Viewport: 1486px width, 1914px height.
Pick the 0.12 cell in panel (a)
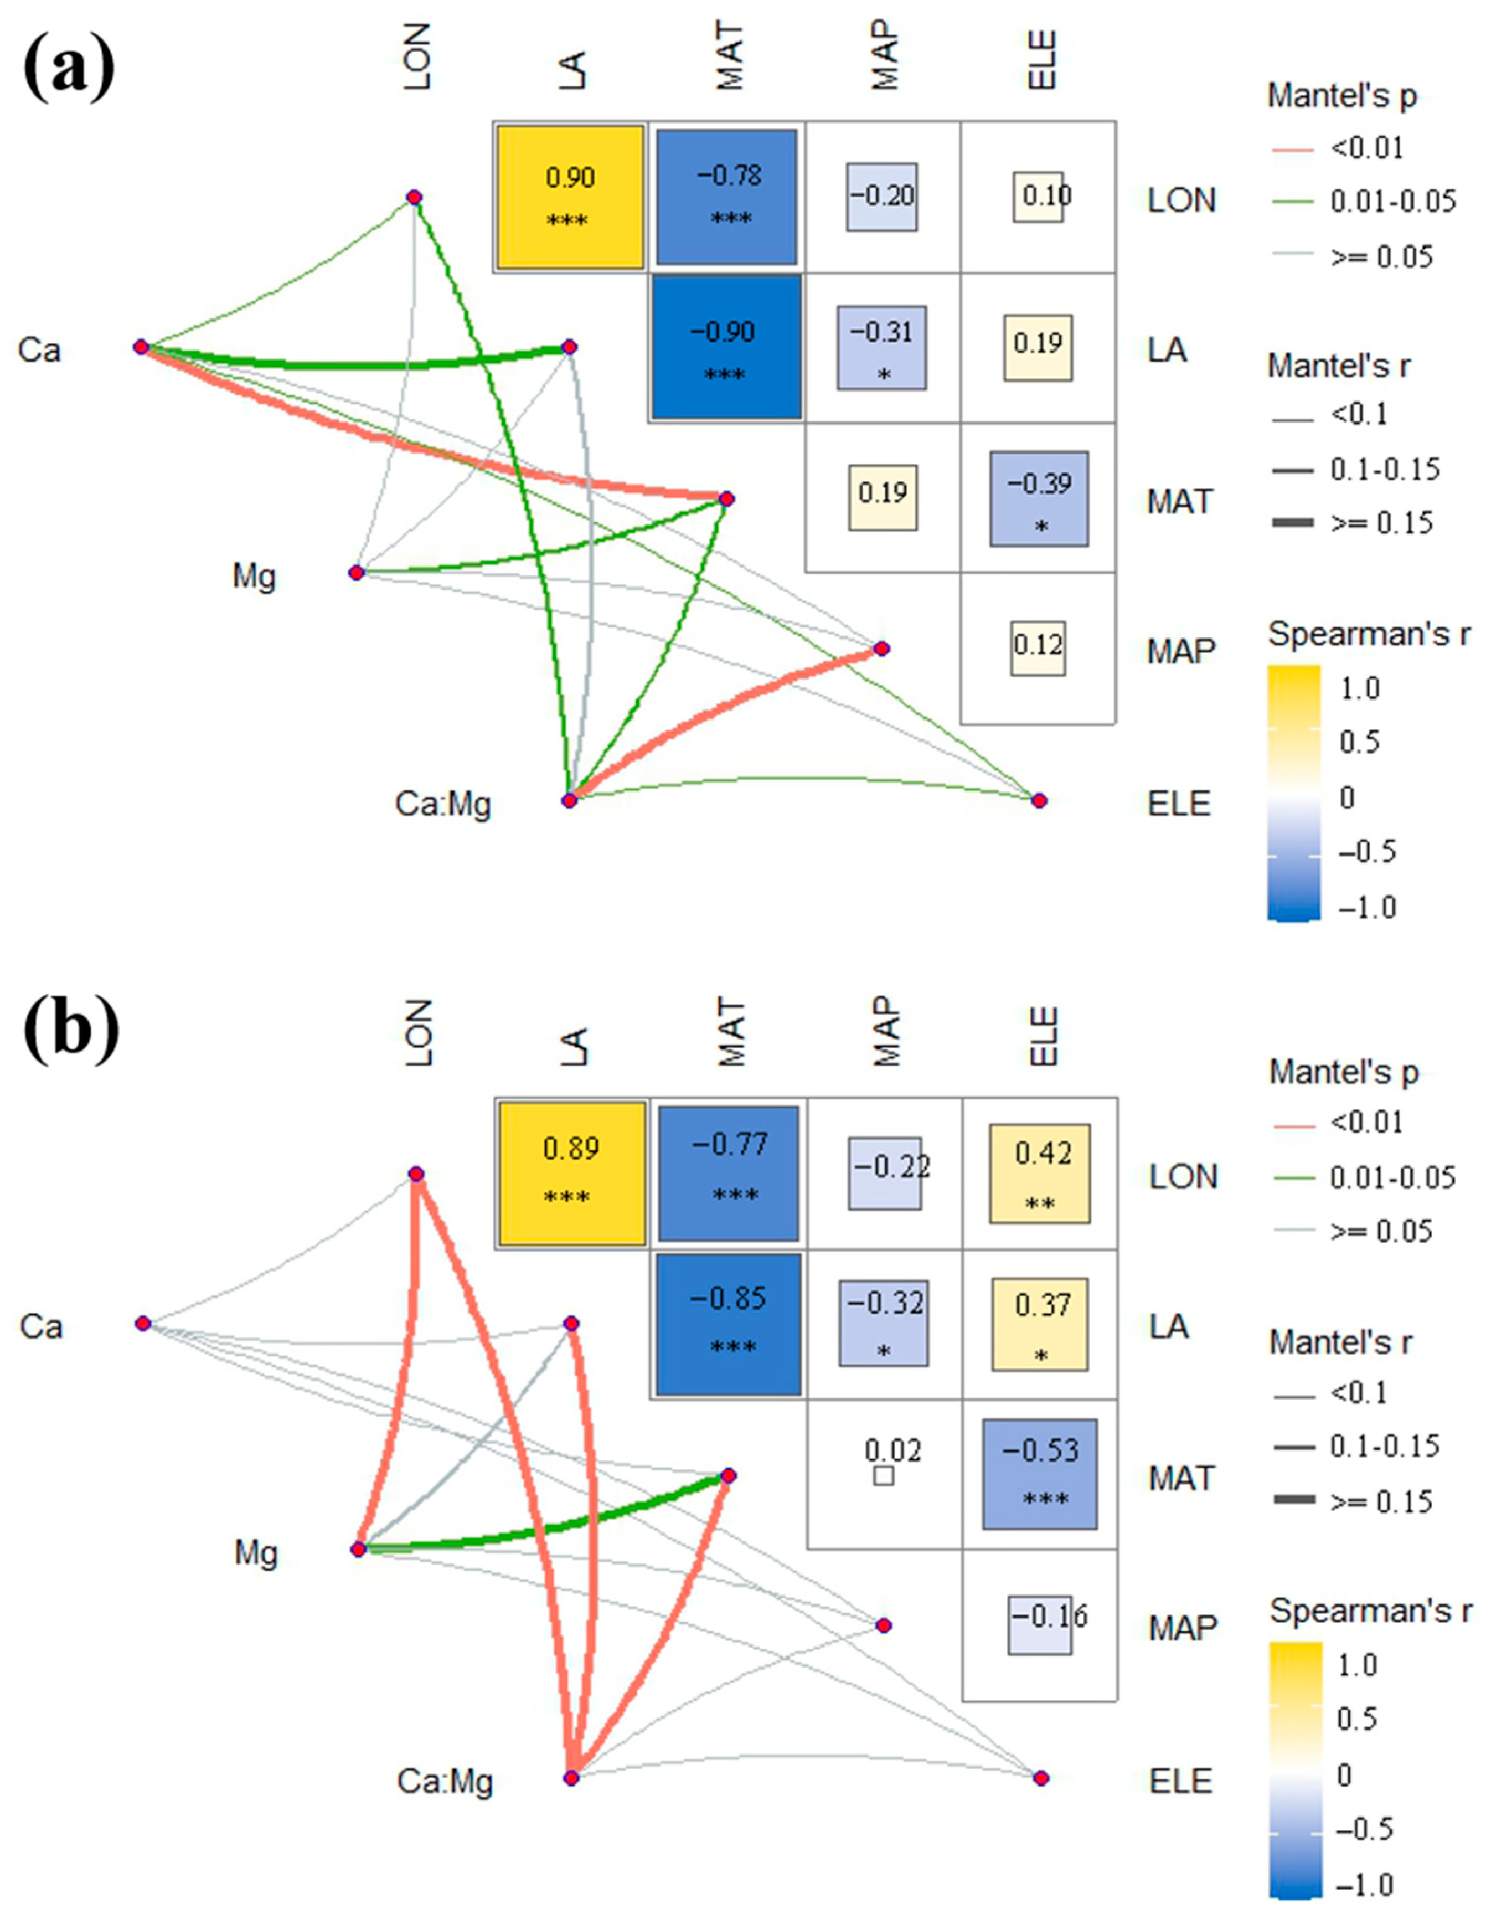click(1038, 649)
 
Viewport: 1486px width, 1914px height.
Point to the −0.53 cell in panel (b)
click(1039, 1474)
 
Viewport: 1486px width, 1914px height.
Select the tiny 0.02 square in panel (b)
click(884, 1476)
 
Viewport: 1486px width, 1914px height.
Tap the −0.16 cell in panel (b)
click(1040, 1625)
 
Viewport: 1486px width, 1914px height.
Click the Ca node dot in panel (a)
click(141, 347)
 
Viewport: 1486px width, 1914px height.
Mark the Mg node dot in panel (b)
click(358, 1550)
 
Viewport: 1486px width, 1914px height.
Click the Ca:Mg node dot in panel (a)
click(570, 800)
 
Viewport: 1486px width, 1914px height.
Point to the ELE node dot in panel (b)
click(1040, 1778)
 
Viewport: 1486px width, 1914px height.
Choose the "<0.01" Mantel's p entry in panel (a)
click(1367, 148)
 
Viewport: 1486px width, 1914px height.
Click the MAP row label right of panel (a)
click(1181, 650)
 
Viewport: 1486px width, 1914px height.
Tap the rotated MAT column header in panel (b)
click(729, 1034)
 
